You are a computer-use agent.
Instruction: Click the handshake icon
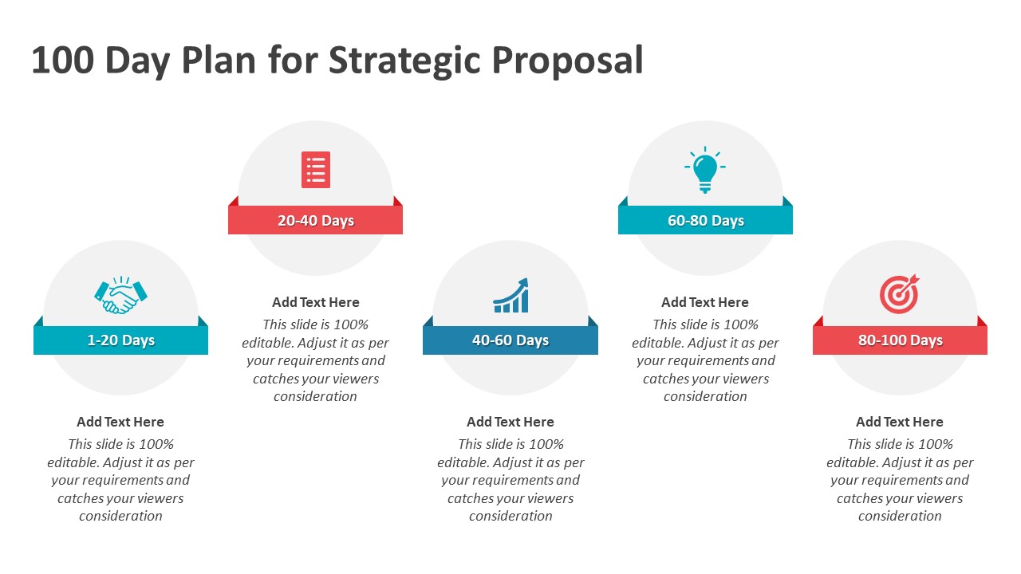pyautogui.click(x=120, y=295)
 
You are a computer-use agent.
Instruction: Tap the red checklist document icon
pyautogui.click(x=315, y=170)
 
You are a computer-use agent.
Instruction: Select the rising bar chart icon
pyautogui.click(x=510, y=295)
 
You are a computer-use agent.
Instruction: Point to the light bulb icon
pyautogui.click(x=705, y=170)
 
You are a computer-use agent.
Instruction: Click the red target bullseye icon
pyautogui.click(x=899, y=294)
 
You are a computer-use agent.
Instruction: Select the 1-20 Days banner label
pyautogui.click(x=120, y=340)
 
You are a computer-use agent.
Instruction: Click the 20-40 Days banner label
pyautogui.click(x=315, y=221)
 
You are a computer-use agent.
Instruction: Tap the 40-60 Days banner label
pyautogui.click(x=510, y=340)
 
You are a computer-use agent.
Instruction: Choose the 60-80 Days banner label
pyautogui.click(x=706, y=221)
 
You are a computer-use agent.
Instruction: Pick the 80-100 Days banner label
pyautogui.click(x=901, y=340)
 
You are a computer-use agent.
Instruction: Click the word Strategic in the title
pyautogui.click(x=404, y=61)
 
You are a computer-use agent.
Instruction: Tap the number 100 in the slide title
pyautogui.click(x=63, y=60)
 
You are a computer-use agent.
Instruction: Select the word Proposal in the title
pyautogui.click(x=567, y=61)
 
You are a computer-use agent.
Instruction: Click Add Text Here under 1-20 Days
pyautogui.click(x=120, y=422)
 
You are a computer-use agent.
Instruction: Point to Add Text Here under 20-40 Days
pyautogui.click(x=315, y=302)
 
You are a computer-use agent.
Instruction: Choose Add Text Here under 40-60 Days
pyautogui.click(x=510, y=422)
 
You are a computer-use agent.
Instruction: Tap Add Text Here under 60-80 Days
pyautogui.click(x=705, y=302)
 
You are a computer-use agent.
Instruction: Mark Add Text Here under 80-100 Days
pyautogui.click(x=900, y=422)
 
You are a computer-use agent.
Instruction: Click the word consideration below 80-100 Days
pyautogui.click(x=900, y=516)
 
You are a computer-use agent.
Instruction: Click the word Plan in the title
pyautogui.click(x=219, y=60)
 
